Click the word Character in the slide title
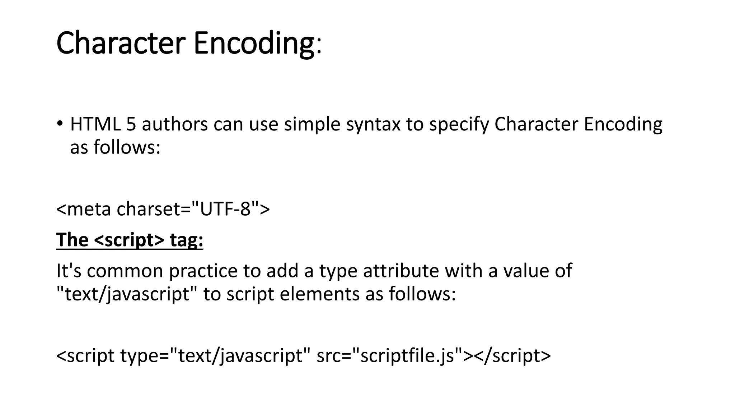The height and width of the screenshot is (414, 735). pyautogui.click(x=121, y=43)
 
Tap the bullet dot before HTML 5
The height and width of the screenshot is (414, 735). pyautogui.click(x=60, y=123)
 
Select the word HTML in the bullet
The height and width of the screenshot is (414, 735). pyautogui.click(x=95, y=124)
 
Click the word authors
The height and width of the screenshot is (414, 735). pyautogui.click(x=175, y=124)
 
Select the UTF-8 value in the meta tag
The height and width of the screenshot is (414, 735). pyautogui.click(x=225, y=209)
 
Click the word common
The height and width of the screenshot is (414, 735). pyautogui.click(x=125, y=271)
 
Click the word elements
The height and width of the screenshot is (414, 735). pyautogui.click(x=319, y=294)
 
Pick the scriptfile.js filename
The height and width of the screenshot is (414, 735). pyautogui.click(x=407, y=356)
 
